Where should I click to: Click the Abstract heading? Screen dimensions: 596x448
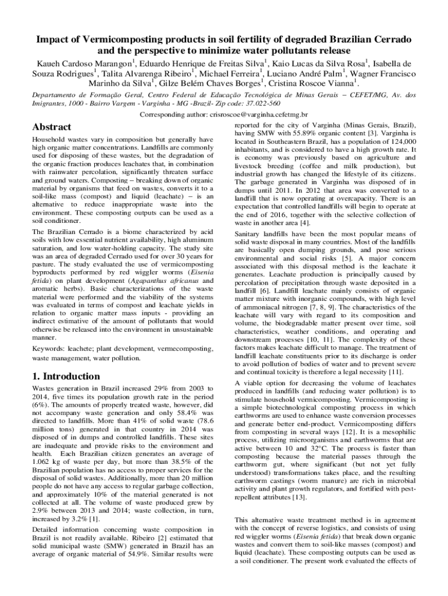[x=51, y=127]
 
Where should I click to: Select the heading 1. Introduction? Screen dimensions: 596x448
[x=66, y=376]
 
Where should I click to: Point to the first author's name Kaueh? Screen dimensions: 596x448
[x=49, y=63]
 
